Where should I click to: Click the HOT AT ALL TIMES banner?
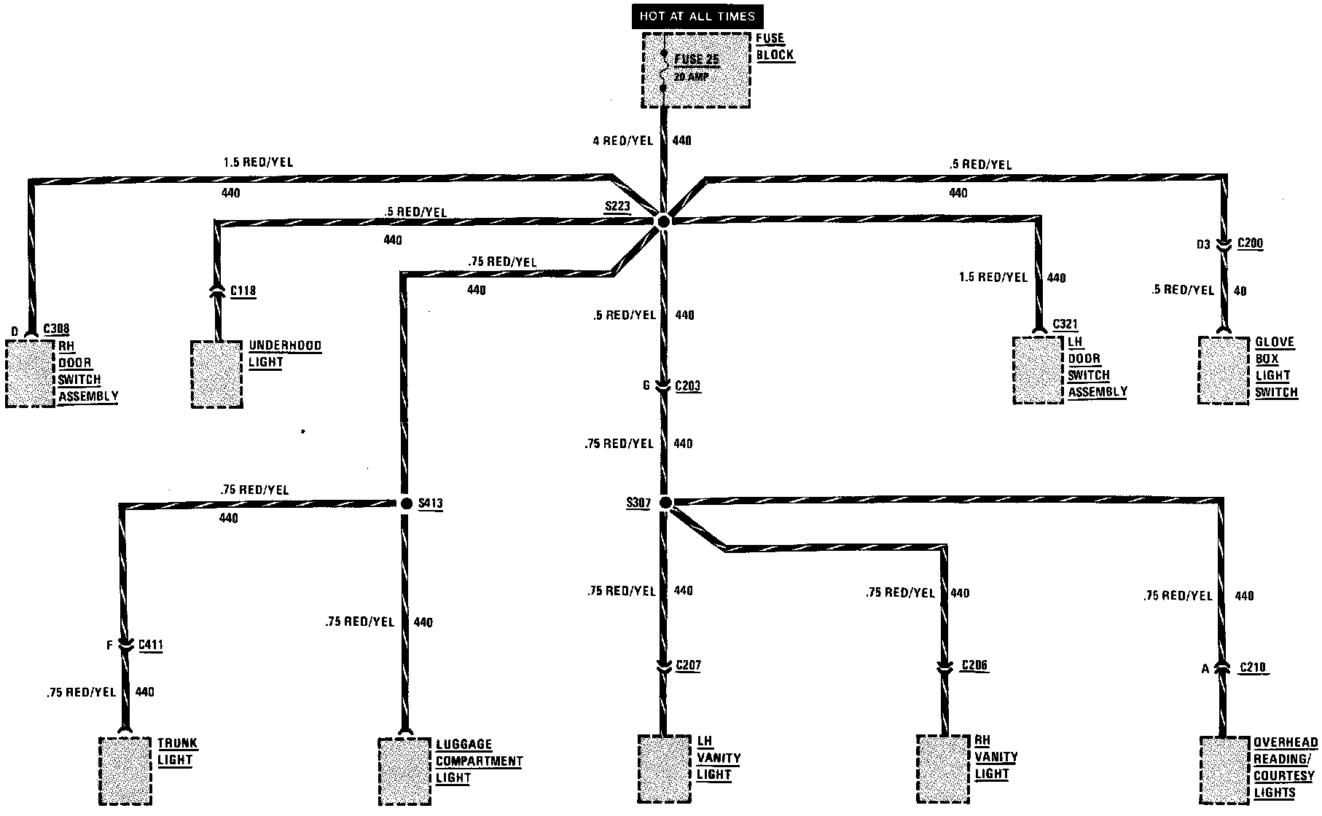tap(697, 16)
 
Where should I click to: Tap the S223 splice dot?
tap(663, 220)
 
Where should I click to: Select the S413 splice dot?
tap(406, 503)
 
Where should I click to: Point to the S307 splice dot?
tap(665, 503)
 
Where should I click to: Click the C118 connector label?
tap(243, 291)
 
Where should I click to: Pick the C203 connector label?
tap(687, 385)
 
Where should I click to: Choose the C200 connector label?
tap(1250, 244)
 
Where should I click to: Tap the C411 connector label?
tap(149, 645)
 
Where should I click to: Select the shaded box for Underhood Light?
tap(216, 374)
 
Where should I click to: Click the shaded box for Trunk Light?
tap(125, 770)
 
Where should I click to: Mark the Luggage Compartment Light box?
tap(404, 772)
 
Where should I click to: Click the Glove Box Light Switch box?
tap(1224, 370)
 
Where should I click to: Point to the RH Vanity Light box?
tap(943, 769)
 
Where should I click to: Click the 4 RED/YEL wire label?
tap(623, 141)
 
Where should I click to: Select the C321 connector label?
tap(1065, 324)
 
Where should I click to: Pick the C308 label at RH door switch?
tap(56, 329)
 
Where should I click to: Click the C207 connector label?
tap(688, 665)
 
